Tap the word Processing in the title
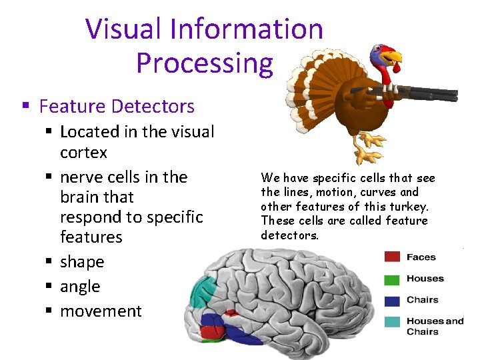click(x=205, y=63)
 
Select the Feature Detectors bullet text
click(x=117, y=106)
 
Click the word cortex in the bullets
click(x=83, y=153)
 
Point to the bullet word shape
click(x=82, y=262)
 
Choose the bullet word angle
click(x=80, y=287)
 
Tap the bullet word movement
click(x=101, y=311)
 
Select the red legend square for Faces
click(x=392, y=257)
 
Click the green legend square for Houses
click(x=392, y=279)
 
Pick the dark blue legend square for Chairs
click(x=392, y=300)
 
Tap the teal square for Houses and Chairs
click(x=392, y=322)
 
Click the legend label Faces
click(x=421, y=257)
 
